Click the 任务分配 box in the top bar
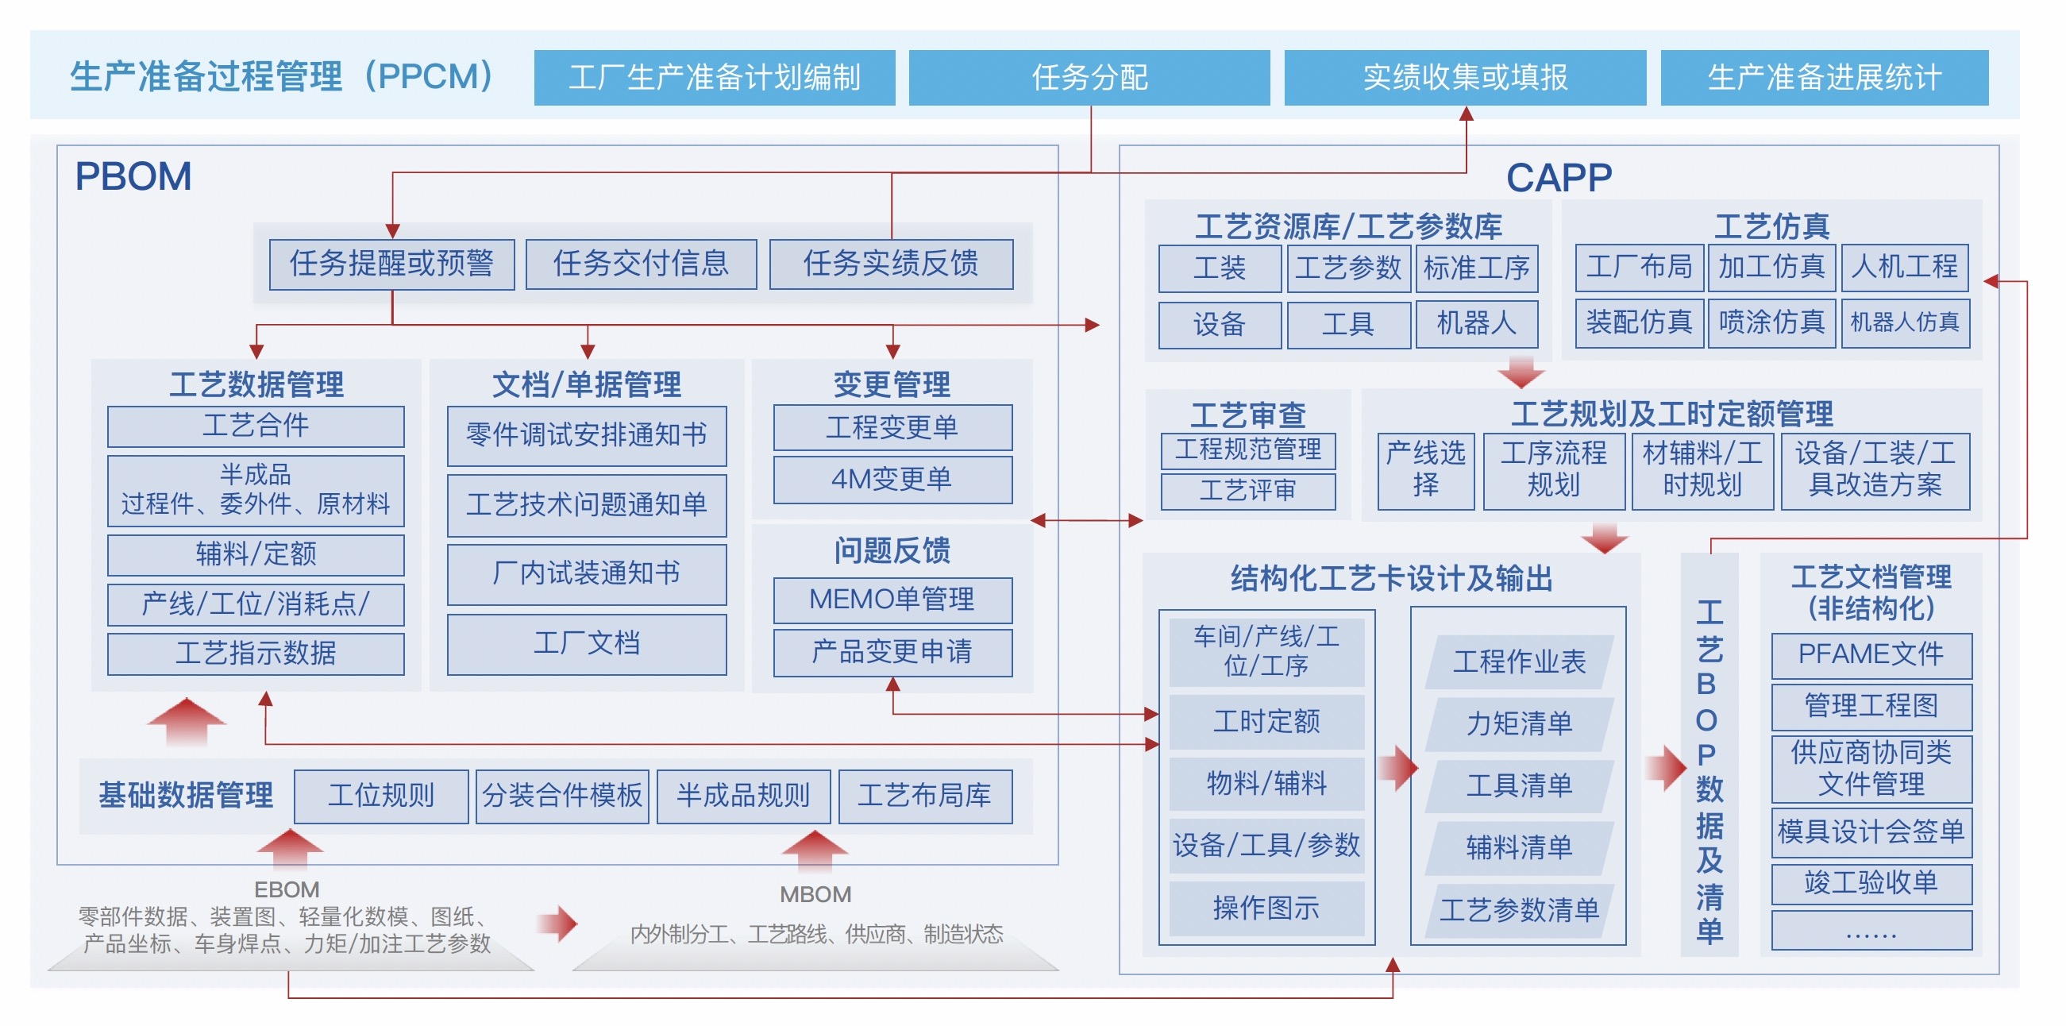1089,77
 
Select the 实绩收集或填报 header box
1465,77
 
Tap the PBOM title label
133,175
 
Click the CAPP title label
1559,177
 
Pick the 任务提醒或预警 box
391,264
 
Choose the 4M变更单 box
892,480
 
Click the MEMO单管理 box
892,600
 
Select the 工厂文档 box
587,644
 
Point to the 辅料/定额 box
256,554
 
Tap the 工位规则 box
381,796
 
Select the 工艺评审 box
1248,491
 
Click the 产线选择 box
1426,471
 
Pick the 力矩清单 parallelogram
1520,723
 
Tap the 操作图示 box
1266,908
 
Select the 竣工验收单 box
1871,883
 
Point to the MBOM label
815,894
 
